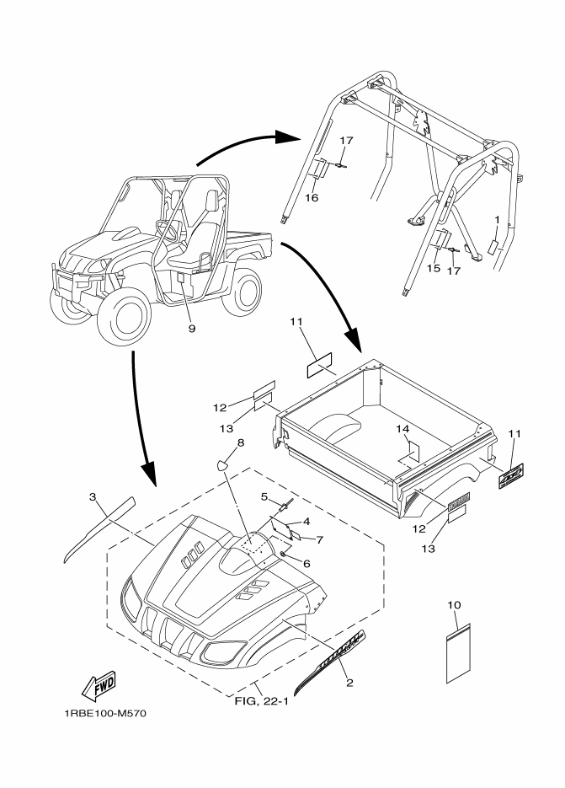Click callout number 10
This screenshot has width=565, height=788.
coord(455,606)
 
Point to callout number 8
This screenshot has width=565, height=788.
coord(241,442)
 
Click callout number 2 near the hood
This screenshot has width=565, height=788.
coord(349,683)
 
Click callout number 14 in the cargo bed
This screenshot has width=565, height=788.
coord(403,429)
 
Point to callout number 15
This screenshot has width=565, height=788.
coord(434,268)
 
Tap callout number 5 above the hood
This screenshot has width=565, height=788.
coord(264,496)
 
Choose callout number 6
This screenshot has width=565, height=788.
coord(306,564)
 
